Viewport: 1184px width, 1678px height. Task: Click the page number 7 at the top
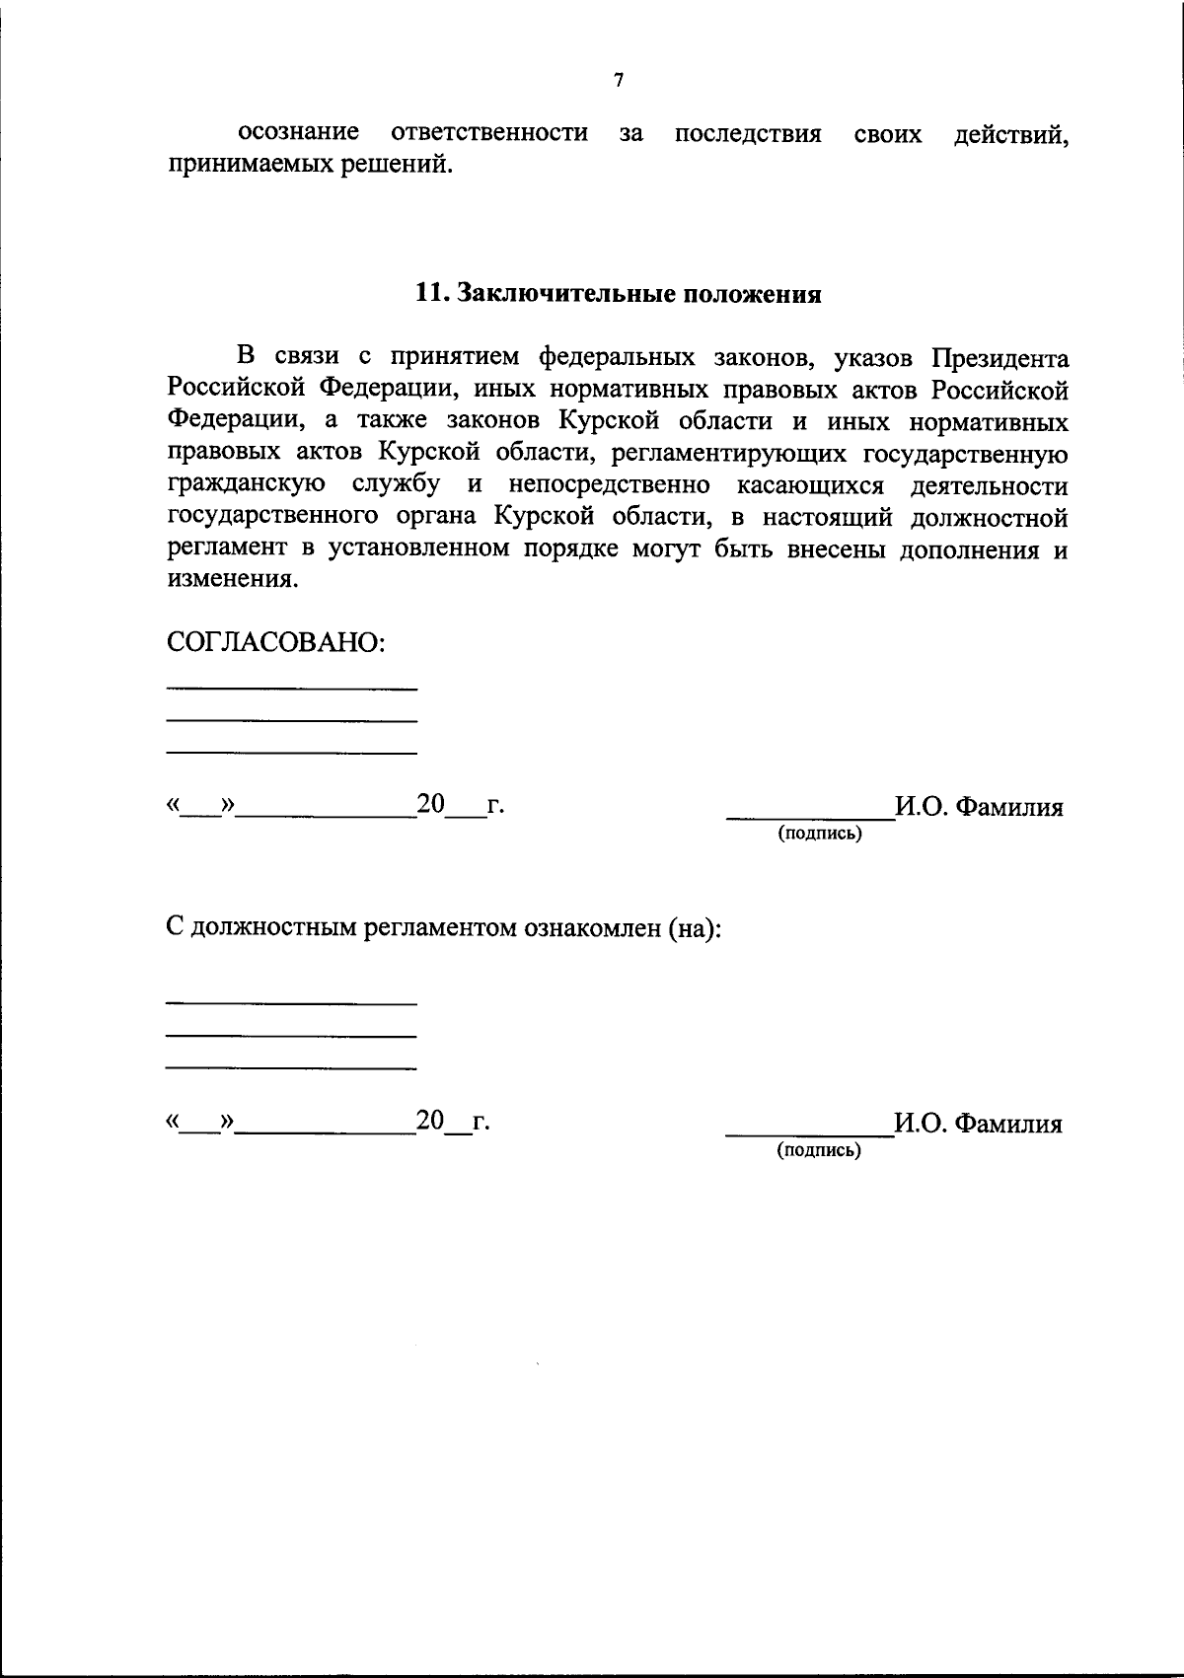coord(619,81)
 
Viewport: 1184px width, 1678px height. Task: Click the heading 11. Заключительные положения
coord(619,294)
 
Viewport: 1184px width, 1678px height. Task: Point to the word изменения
coord(231,580)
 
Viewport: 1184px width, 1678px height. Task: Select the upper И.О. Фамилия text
coord(979,808)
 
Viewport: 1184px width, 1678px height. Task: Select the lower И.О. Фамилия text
coord(978,1125)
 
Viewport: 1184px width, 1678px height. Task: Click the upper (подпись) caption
coord(819,835)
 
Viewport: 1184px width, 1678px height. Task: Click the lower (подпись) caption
coord(819,1150)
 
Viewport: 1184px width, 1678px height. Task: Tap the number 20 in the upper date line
coord(431,804)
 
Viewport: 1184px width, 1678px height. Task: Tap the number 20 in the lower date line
coord(430,1121)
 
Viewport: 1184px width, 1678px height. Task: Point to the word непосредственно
coord(610,485)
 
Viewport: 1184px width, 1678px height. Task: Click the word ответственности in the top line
coord(489,133)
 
